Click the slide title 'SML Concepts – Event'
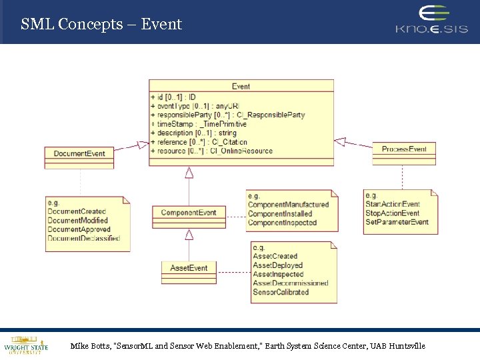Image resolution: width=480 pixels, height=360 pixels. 101,25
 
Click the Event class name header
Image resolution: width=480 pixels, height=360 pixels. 241,86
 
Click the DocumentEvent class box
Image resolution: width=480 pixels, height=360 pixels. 79,153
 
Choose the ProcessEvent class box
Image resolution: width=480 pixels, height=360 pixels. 404,149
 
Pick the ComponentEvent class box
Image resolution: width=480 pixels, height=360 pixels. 189,213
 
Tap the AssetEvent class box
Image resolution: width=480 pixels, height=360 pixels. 189,268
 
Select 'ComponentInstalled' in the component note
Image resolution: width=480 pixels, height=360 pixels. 280,214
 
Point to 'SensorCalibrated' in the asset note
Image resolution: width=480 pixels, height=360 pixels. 281,292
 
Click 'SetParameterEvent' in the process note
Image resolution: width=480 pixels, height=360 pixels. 397,222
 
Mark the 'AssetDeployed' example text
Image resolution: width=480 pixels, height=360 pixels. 278,265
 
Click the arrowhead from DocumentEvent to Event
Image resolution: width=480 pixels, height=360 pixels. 143,144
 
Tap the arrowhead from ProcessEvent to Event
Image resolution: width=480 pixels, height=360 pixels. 340,141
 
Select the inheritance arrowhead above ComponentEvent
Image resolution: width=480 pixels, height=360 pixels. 189,173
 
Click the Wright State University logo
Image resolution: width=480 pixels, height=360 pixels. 26,344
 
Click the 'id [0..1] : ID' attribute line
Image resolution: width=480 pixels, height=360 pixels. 173,97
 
